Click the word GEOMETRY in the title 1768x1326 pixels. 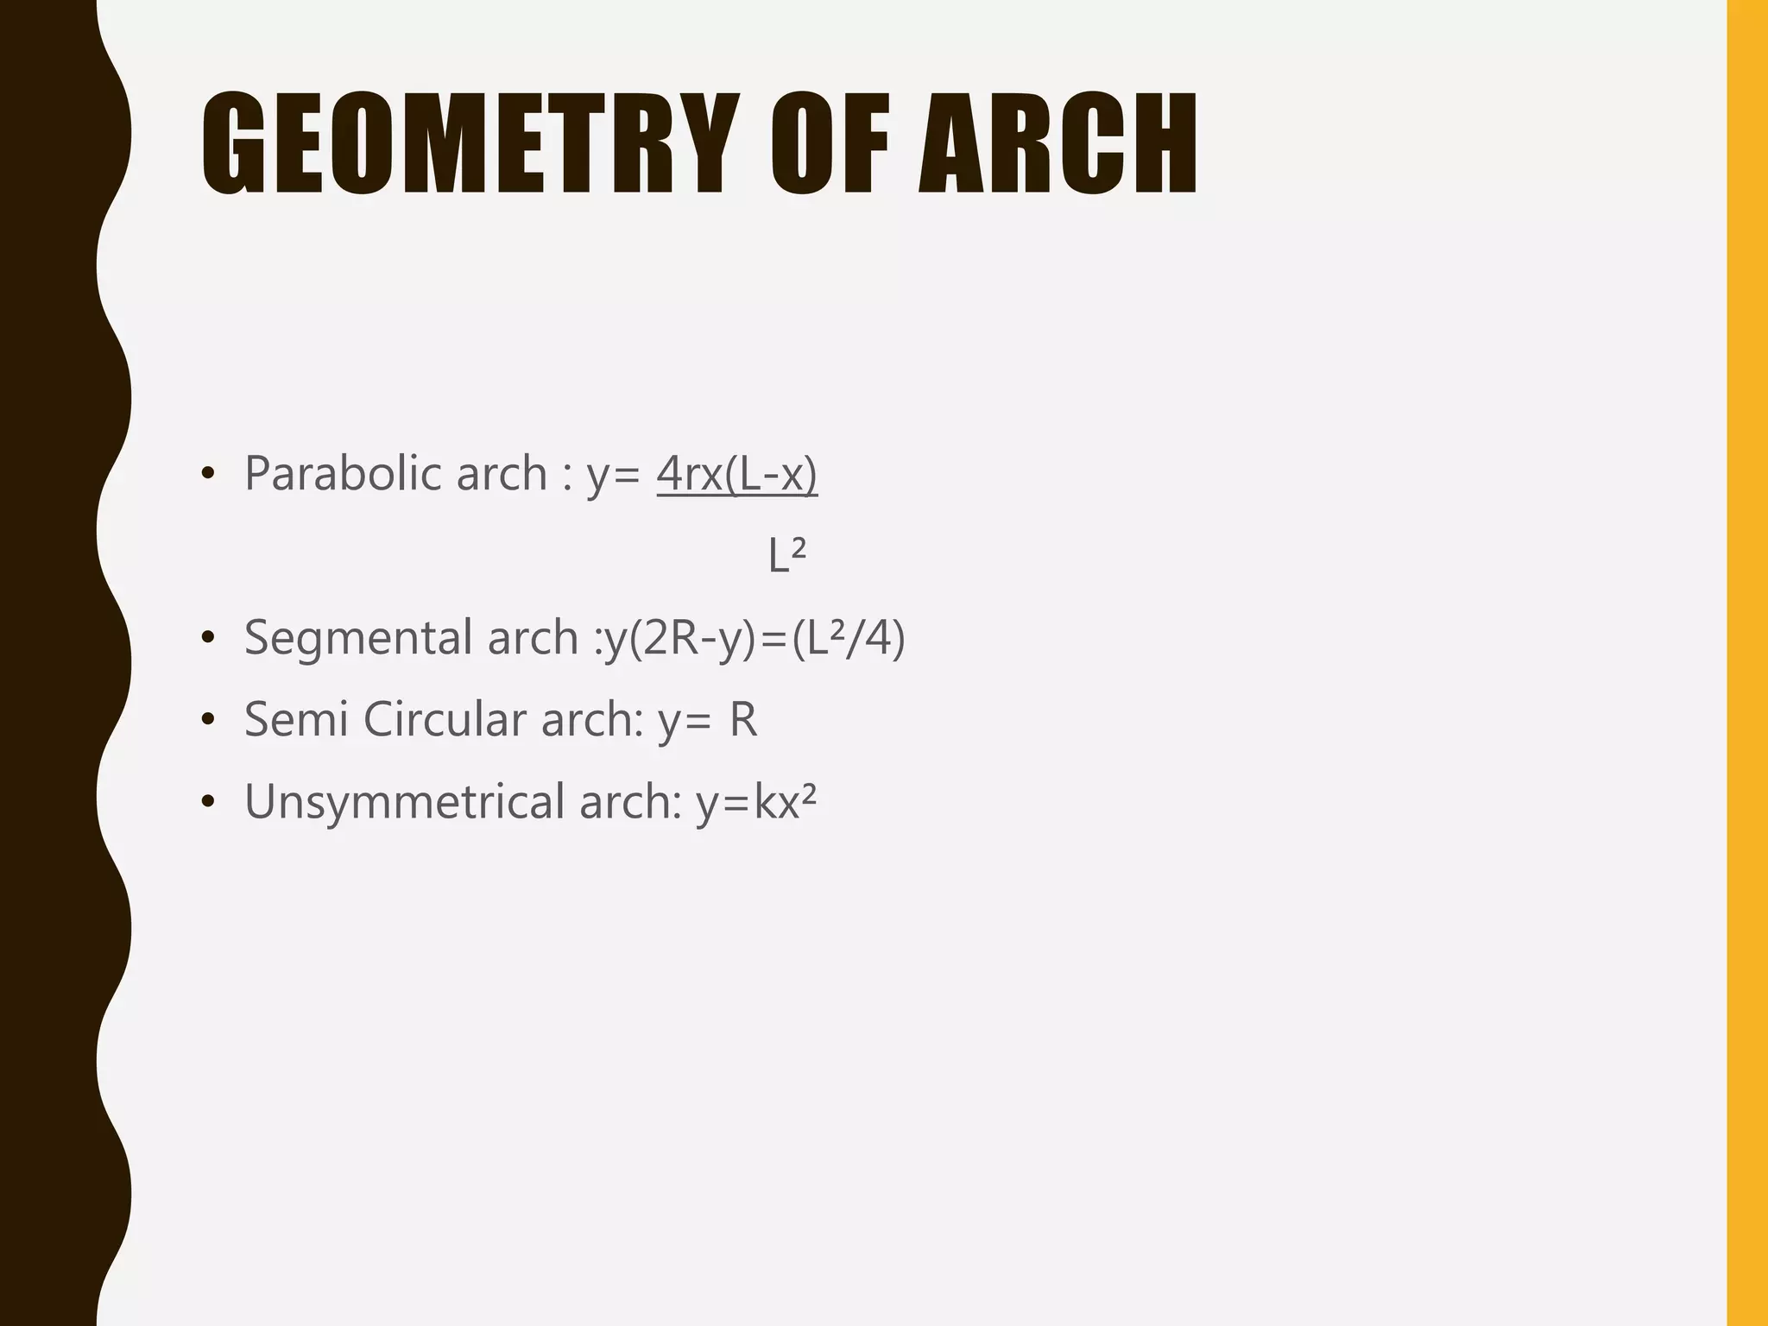click(470, 143)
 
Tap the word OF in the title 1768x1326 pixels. click(830, 143)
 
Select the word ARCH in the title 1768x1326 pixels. click(1058, 143)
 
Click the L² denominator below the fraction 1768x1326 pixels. click(786, 555)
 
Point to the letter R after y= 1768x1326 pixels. click(742, 719)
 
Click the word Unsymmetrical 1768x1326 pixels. click(404, 801)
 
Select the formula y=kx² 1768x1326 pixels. click(756, 801)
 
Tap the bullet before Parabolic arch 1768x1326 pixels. click(206, 474)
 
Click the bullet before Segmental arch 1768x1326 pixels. click(206, 638)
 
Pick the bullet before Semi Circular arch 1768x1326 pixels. click(206, 720)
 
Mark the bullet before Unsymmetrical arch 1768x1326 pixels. click(206, 802)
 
